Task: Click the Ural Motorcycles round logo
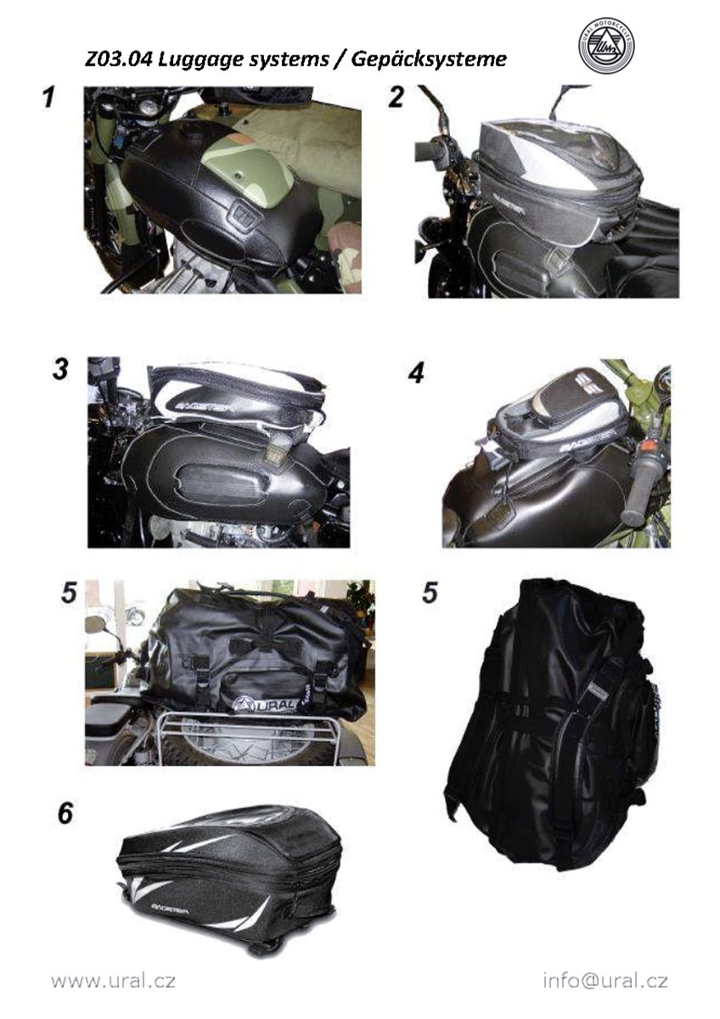(606, 47)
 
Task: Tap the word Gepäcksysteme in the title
(428, 60)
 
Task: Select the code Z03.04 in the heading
(118, 59)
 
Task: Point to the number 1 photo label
(48, 98)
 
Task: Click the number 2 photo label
(396, 98)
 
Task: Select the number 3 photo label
(60, 369)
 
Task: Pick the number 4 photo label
(416, 374)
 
